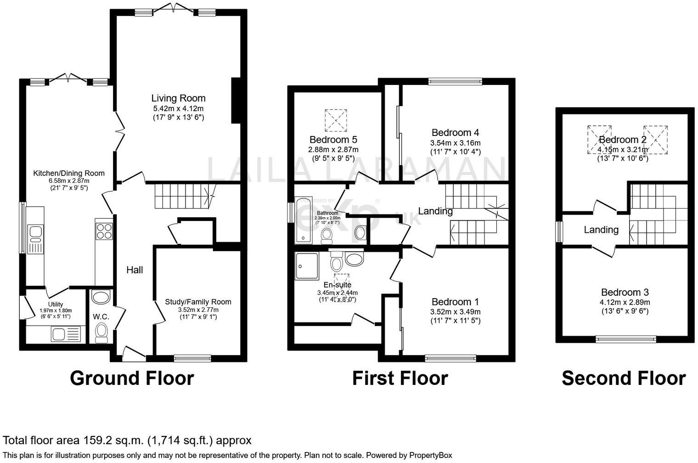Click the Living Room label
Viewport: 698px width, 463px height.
point(178,98)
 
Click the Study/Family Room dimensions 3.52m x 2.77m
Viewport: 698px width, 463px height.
point(198,310)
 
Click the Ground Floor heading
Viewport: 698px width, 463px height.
point(132,378)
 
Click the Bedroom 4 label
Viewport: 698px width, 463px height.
point(455,133)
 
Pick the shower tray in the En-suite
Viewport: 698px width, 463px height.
point(307,266)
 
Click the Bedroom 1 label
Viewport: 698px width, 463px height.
point(455,302)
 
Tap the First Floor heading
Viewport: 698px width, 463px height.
point(400,378)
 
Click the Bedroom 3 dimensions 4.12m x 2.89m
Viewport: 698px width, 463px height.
point(625,302)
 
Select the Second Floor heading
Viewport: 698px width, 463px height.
point(623,378)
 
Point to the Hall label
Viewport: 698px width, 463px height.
point(135,270)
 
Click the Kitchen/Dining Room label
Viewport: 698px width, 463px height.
point(69,173)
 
